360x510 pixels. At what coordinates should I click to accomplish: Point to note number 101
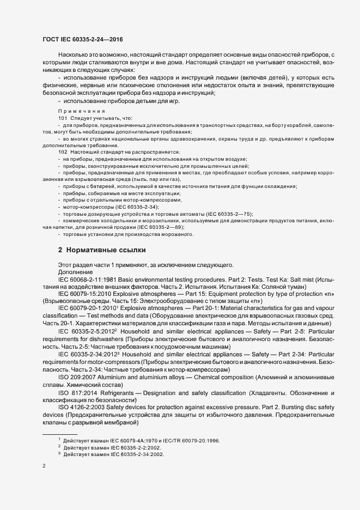coord(62,118)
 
